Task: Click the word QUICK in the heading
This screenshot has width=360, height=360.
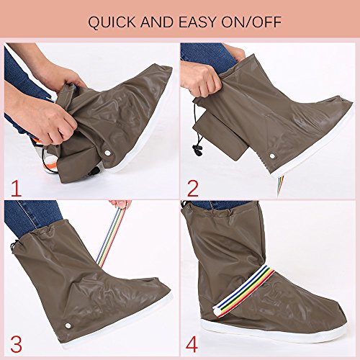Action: click(112, 22)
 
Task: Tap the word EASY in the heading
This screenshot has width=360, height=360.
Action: click(197, 22)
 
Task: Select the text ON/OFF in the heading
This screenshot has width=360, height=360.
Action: click(251, 22)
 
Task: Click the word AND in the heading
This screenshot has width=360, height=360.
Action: click(157, 22)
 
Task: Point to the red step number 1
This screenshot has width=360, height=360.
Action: click(17, 189)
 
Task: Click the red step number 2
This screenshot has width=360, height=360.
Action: click(193, 189)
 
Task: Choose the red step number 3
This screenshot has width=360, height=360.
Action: click(17, 345)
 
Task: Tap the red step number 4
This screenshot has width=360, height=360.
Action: click(192, 345)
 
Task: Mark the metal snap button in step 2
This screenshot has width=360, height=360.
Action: click(272, 156)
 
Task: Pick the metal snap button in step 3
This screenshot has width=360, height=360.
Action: click(67, 325)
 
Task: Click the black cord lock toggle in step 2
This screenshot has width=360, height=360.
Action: click(197, 150)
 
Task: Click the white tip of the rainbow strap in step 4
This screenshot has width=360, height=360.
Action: click(217, 312)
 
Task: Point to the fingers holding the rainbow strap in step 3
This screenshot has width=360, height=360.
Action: click(121, 204)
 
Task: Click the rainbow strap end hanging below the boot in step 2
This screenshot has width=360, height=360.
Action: click(280, 183)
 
